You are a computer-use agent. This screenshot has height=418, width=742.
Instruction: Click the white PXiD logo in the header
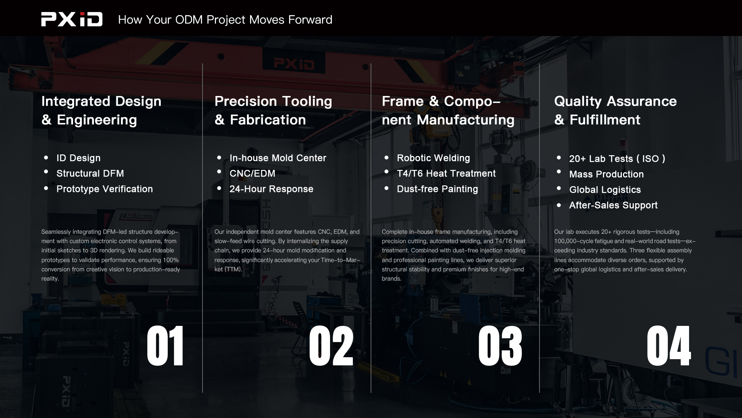(x=72, y=19)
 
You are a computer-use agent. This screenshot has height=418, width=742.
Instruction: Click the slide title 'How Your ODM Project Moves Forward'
(x=225, y=20)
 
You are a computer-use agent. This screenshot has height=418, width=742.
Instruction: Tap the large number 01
(x=165, y=346)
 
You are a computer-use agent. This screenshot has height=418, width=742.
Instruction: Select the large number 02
(x=331, y=346)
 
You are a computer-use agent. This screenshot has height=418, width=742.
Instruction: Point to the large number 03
(x=500, y=346)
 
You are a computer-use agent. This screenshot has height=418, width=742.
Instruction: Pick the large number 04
(x=669, y=346)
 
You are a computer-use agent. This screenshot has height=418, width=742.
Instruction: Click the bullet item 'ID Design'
(x=78, y=158)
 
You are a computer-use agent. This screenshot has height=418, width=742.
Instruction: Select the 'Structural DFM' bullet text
(x=90, y=173)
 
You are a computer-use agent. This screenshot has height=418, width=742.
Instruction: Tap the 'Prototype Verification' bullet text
(x=105, y=189)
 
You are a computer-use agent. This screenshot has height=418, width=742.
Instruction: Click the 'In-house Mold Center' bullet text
(x=278, y=158)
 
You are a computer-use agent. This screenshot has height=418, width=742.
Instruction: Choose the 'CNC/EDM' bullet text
(x=252, y=173)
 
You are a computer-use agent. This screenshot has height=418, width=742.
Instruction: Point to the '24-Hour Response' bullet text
(x=271, y=189)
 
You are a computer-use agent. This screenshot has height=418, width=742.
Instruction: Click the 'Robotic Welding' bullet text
(x=433, y=158)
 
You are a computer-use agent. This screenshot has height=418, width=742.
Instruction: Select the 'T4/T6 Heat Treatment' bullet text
(x=446, y=173)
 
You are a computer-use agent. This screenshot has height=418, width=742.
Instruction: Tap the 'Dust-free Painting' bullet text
(x=437, y=189)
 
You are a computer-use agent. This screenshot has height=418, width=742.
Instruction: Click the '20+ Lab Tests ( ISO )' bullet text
(x=617, y=159)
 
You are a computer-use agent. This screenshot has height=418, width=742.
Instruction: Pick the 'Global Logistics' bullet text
(x=605, y=190)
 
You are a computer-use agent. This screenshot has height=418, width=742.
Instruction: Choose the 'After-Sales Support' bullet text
(x=613, y=205)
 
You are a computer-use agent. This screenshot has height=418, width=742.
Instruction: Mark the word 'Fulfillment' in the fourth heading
(x=605, y=120)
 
